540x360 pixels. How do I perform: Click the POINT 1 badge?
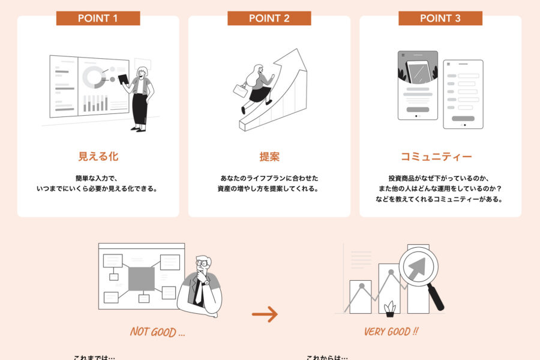(x=98, y=18)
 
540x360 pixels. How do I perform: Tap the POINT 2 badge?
(x=269, y=18)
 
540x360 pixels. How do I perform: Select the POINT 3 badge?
(x=440, y=18)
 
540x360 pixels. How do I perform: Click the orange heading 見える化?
(x=98, y=157)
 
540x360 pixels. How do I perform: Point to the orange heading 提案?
(x=269, y=157)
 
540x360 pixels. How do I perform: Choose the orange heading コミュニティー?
(x=436, y=157)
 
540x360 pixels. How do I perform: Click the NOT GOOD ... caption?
(x=157, y=332)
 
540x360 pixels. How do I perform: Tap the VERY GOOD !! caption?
(x=391, y=332)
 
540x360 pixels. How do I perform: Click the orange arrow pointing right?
(x=265, y=314)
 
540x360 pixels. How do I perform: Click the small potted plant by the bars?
(x=390, y=308)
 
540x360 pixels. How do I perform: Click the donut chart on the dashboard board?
(x=93, y=77)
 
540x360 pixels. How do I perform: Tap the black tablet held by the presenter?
(x=124, y=79)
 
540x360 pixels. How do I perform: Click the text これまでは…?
(x=94, y=358)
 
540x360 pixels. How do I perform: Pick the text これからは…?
(x=326, y=358)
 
